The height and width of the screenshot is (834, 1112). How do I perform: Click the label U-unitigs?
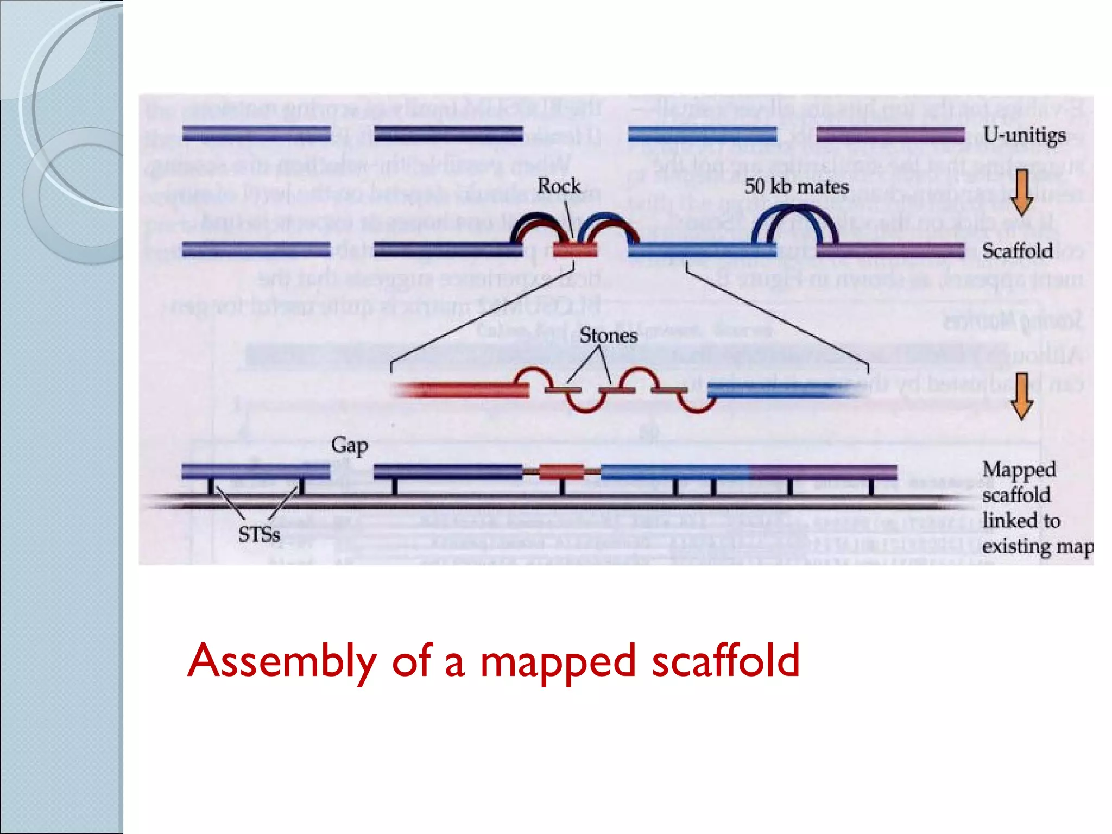pos(1024,135)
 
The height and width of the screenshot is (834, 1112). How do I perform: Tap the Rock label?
pos(559,186)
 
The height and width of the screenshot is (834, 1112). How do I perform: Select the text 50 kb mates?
pos(797,187)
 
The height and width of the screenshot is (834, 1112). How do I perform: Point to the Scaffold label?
pos(1017,251)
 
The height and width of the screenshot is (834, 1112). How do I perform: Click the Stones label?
pos(608,335)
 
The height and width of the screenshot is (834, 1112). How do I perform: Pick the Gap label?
pos(349,446)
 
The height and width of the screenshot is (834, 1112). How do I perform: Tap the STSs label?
pos(259,535)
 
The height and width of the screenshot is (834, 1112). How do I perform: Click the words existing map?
pos(1037,546)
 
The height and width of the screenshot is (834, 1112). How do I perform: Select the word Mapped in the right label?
pos(1019,470)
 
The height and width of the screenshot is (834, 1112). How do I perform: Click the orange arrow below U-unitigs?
pos(1021,192)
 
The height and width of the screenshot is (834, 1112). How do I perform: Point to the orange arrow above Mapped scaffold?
pos(1021,396)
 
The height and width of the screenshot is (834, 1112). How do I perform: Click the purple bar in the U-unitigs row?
pos(890,134)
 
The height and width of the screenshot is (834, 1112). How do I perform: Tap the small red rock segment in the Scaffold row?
pos(575,250)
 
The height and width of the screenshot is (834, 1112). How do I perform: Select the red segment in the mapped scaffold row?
pos(562,472)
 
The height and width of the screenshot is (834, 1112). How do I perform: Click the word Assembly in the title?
pos(282,661)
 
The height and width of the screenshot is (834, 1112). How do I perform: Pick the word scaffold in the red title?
pos(725,661)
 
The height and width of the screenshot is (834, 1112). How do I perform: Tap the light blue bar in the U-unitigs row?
pos(702,134)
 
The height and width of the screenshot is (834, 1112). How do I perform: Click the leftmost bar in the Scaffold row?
pos(256,250)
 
